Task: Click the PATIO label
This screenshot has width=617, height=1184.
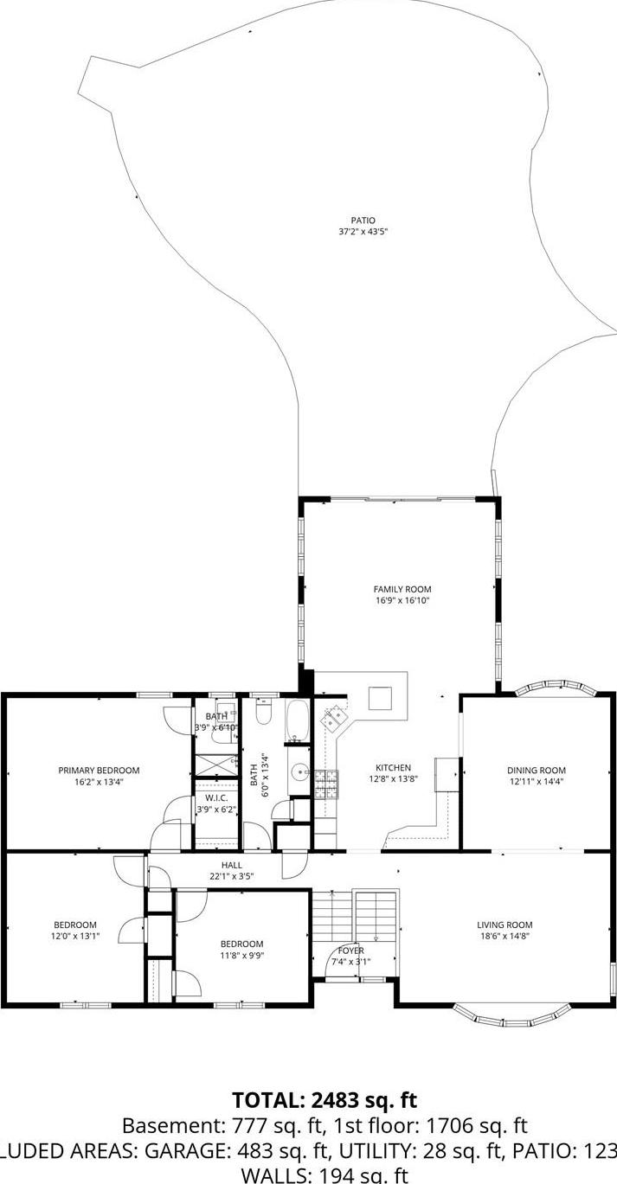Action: click(x=363, y=221)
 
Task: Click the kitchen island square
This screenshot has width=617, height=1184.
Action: click(x=381, y=697)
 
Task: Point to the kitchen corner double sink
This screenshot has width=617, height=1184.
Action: click(x=336, y=718)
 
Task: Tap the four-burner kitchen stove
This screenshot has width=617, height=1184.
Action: click(x=325, y=783)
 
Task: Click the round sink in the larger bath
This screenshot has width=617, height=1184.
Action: click(x=299, y=771)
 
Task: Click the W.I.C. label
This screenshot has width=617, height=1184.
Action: click(x=215, y=797)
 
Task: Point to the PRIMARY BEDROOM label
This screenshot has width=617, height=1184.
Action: click(x=99, y=770)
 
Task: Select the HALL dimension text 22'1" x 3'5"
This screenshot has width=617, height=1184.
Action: click(x=232, y=875)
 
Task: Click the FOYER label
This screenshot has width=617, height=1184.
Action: click(x=350, y=950)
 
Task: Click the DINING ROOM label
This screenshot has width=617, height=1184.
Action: click(x=536, y=770)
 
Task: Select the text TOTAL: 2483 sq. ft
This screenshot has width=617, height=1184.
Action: click(x=325, y=1100)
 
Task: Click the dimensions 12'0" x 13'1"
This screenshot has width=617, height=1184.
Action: click(x=74, y=936)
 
